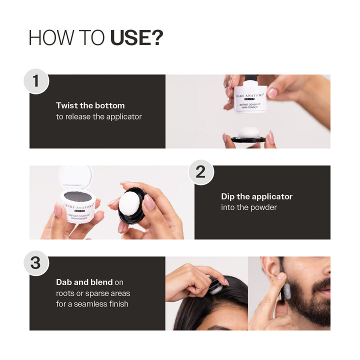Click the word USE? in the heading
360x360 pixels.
[136, 38]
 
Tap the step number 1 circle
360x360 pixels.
[35, 81]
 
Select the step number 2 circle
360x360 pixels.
[200, 172]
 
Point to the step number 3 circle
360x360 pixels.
[35, 263]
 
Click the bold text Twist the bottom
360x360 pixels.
[90, 105]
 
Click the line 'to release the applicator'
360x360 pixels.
[98, 116]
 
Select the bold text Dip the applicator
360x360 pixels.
[256, 196]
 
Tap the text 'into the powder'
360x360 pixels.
[248, 207]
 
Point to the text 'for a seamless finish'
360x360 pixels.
[92, 303]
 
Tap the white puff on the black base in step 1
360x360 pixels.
[248, 132]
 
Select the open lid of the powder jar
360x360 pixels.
[75, 176]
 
